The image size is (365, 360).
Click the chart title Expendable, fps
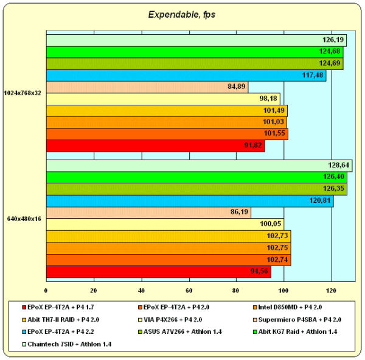[182, 14]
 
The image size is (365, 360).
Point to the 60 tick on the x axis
[189, 289]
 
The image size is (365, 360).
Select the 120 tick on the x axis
[332, 289]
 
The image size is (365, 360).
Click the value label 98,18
[268, 98]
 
